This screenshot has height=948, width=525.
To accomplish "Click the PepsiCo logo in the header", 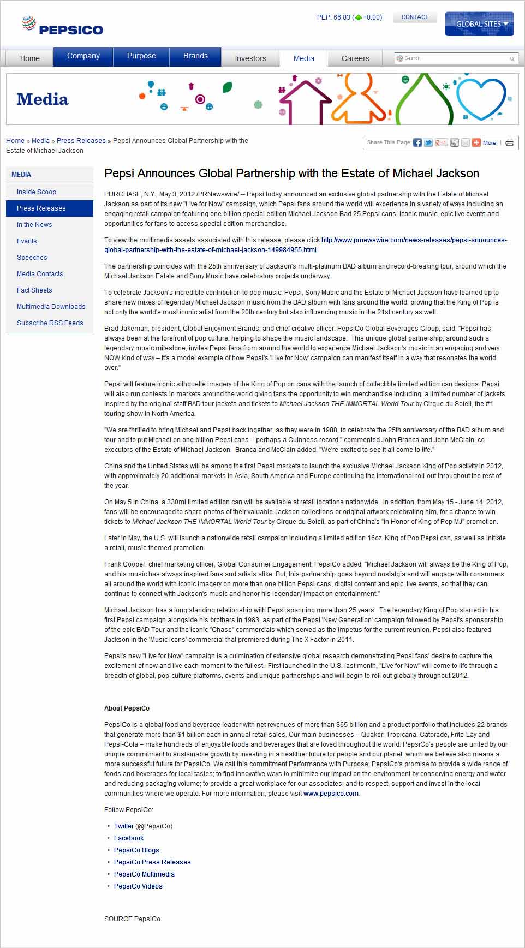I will [62, 26].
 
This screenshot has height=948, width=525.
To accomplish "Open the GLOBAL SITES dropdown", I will [479, 24].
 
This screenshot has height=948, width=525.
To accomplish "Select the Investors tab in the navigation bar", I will [250, 58].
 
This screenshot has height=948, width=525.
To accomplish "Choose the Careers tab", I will [355, 58].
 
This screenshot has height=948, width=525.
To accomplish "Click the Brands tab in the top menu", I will [195, 56].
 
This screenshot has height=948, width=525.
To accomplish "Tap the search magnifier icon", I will [512, 59].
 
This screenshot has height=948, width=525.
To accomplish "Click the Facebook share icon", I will [417, 142].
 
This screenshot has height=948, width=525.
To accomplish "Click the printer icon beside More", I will [510, 142].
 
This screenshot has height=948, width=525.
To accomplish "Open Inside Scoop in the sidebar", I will [37, 192].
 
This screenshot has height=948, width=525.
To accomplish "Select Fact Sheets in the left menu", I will [34, 290].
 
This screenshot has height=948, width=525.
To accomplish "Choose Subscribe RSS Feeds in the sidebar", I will [50, 323].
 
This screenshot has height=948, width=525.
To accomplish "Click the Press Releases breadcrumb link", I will [81, 141].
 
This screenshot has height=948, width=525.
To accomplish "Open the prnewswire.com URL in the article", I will [306, 245].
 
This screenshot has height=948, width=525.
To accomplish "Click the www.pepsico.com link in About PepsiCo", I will [331, 794].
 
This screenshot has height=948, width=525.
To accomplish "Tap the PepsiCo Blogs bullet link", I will [136, 850].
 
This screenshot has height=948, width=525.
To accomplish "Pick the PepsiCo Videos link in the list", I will [138, 886].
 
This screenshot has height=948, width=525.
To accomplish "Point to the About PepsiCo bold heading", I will [127, 708].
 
